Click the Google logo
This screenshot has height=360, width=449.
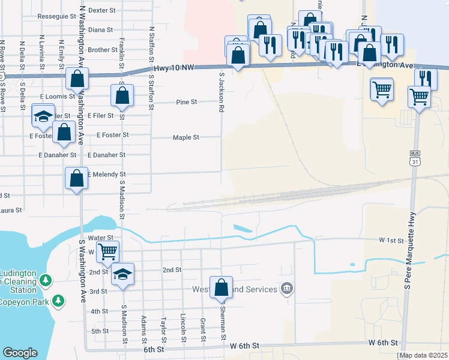(x=20, y=353)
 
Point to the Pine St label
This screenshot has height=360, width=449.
(x=187, y=102)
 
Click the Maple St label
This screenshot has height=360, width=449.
(x=186, y=137)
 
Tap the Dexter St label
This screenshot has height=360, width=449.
(x=100, y=10)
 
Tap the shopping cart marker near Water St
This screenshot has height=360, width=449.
(x=108, y=251)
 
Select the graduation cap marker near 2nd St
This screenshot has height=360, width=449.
(x=122, y=274)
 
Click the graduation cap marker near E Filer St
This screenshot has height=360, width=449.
(x=43, y=117)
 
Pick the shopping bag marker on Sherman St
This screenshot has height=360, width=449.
(x=221, y=287)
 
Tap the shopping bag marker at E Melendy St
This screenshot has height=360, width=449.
(x=76, y=178)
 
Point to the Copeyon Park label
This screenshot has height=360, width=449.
(x=24, y=302)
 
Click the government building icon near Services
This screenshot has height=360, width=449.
(x=288, y=289)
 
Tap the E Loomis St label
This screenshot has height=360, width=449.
(x=58, y=96)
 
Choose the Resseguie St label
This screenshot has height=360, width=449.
(x=56, y=17)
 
